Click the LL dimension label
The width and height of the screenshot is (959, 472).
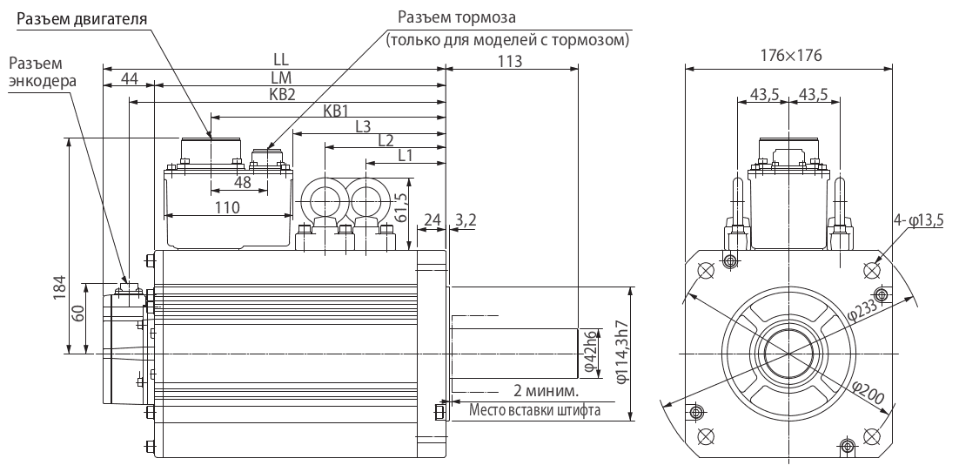click(x=281, y=58)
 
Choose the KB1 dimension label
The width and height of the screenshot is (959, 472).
click(x=336, y=111)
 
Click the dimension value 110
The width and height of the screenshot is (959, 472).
click(x=228, y=208)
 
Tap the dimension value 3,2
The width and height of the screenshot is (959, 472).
click(x=466, y=222)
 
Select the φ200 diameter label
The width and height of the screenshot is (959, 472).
click(x=868, y=396)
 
